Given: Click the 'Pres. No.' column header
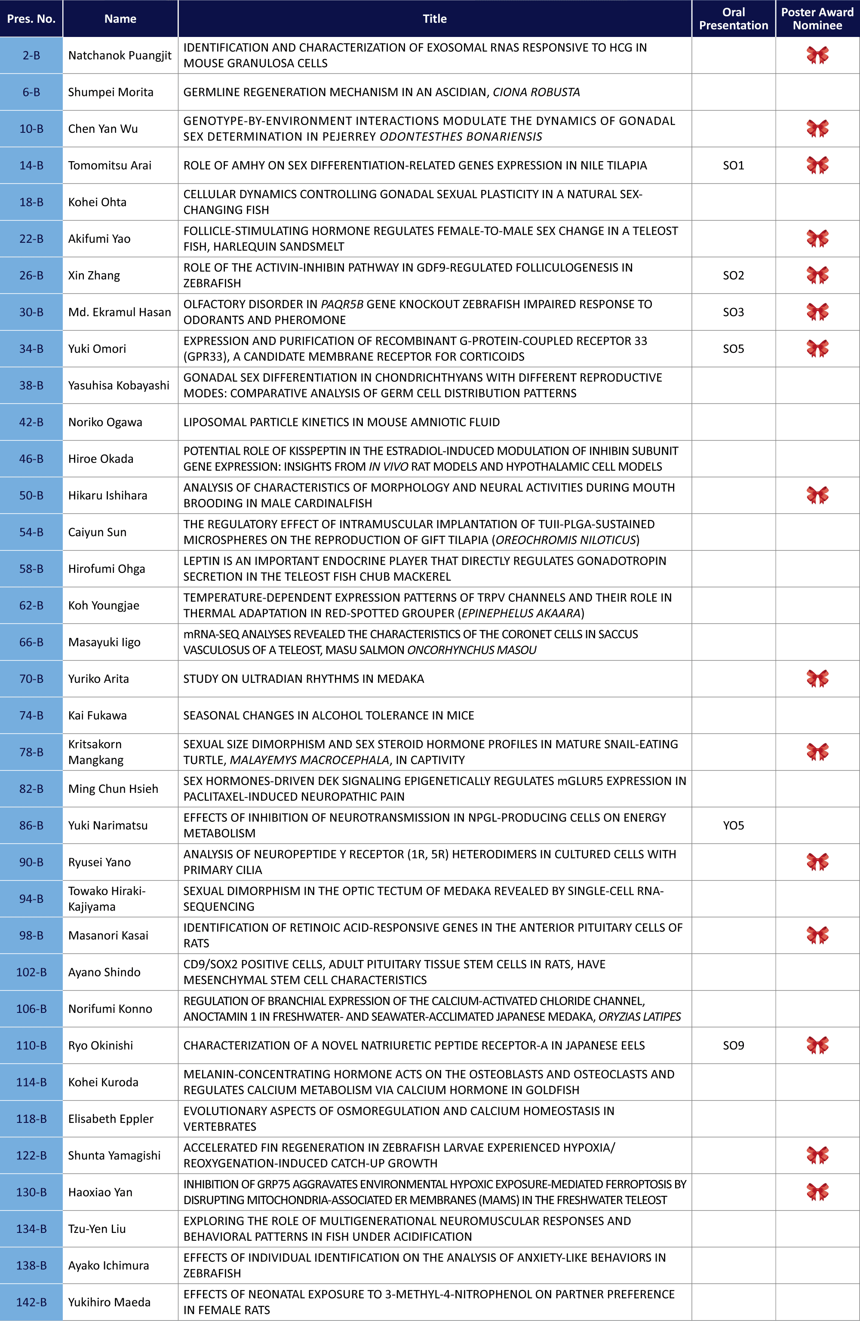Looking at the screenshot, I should click(31, 19).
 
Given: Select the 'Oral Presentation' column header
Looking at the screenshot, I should click(733, 19).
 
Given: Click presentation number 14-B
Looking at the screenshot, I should click(31, 165).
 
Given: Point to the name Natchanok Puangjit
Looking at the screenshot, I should click(120, 55).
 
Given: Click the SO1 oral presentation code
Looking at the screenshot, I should click(733, 165).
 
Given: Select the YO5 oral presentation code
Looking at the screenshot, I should click(733, 826).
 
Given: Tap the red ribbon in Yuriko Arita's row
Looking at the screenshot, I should click(817, 678).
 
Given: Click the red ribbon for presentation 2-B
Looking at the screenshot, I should click(817, 55).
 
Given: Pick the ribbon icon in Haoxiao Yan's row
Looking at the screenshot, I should click(817, 1192).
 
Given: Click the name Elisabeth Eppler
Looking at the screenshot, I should click(111, 1119).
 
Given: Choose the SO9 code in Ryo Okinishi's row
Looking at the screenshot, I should click(733, 1045).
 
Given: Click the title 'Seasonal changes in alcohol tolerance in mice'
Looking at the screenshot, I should click(329, 716).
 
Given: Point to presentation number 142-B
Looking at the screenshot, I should click(31, 1302).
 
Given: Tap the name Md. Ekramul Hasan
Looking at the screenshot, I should click(120, 312).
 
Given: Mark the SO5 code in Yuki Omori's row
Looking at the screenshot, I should click(733, 349).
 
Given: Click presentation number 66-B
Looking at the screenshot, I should click(31, 642).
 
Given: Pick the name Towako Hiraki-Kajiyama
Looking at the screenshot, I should click(107, 899).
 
